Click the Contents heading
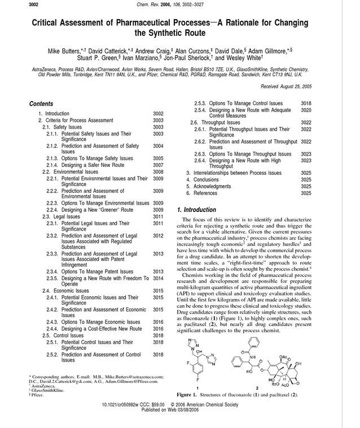(41, 104)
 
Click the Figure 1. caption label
(189, 395)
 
